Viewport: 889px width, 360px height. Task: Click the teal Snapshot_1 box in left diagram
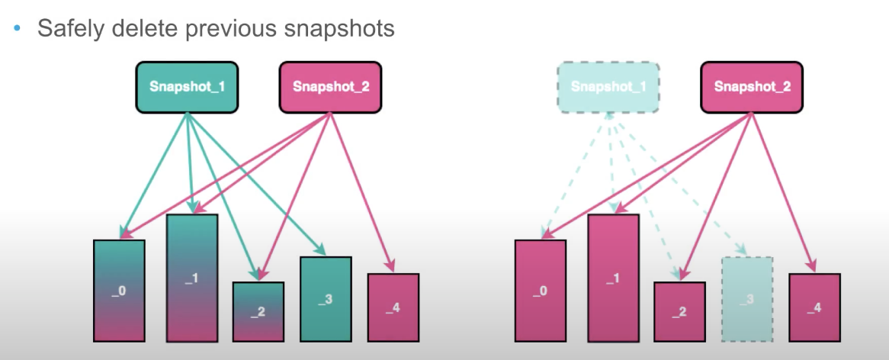[187, 87]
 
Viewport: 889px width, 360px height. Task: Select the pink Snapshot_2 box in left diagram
[331, 87]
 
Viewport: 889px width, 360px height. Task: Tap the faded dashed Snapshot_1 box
[608, 87]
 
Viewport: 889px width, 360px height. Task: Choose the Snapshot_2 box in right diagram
[752, 87]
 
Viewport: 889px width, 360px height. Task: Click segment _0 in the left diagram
[119, 291]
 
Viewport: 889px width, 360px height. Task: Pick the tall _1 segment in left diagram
[192, 278]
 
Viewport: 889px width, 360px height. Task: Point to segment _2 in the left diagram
[258, 311]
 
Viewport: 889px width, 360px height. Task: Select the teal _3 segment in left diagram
[326, 298]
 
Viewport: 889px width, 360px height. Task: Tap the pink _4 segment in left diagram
[393, 307]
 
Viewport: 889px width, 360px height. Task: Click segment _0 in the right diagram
[541, 291]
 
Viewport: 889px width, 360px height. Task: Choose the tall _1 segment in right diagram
[613, 278]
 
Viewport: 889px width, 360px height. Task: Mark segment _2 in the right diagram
[679, 311]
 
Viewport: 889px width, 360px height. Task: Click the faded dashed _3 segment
[746, 298]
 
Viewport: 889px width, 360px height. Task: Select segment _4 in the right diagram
[814, 307]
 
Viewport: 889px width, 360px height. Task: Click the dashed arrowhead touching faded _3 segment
[740, 251]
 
